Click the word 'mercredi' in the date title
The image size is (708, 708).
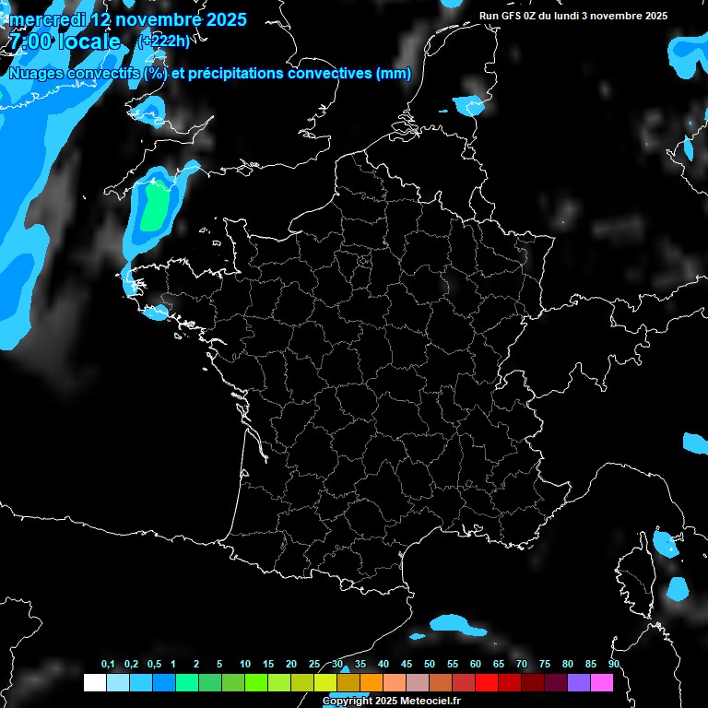[47, 19]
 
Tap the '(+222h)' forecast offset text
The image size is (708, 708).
[163, 41]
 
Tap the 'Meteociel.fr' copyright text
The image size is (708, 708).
[431, 702]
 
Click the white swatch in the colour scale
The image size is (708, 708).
[94, 682]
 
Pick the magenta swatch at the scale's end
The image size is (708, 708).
[602, 682]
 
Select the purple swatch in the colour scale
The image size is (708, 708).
[579, 682]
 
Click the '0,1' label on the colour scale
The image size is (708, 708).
[108, 665]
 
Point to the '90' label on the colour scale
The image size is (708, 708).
[614, 665]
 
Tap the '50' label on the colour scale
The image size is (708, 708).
[430, 665]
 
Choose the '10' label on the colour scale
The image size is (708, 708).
[244, 665]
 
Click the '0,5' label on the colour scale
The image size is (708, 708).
[154, 665]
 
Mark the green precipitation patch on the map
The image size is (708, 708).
[155, 206]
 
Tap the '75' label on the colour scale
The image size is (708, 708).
[545, 665]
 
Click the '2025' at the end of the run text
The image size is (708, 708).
[656, 16]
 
